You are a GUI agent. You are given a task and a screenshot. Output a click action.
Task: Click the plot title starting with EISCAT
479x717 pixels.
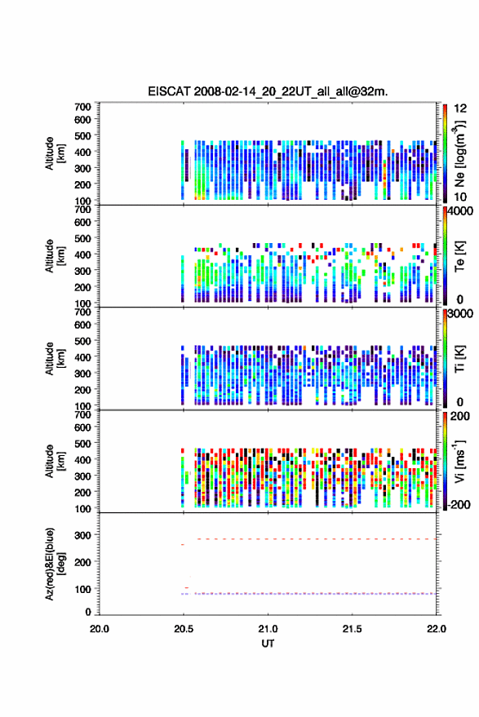(268, 91)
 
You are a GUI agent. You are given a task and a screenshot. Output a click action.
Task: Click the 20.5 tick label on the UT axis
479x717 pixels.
(184, 629)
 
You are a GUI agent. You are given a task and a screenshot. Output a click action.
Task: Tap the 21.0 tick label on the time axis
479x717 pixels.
(268, 629)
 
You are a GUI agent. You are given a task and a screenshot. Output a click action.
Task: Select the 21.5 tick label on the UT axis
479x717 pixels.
(352, 629)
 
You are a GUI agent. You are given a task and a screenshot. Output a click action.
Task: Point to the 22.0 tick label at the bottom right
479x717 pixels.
(436, 629)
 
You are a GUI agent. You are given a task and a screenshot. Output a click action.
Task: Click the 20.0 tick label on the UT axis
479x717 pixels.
(100, 629)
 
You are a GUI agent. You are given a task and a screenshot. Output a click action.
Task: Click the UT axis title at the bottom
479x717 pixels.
(268, 644)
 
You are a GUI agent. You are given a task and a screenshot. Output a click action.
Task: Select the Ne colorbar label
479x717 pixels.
(459, 153)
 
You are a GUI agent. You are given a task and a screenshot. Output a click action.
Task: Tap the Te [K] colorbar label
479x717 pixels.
(459, 256)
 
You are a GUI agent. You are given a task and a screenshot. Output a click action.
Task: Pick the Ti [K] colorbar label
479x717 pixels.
(459, 359)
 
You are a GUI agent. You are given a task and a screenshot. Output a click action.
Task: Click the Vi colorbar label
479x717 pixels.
(459, 462)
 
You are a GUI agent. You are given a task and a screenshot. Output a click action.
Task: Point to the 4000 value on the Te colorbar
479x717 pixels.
(461, 211)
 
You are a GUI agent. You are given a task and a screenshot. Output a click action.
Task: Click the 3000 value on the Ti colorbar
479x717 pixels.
(461, 314)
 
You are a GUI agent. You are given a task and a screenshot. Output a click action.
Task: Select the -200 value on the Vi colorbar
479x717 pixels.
(459, 505)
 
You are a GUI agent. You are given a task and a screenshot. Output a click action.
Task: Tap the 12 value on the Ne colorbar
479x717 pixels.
(461, 108)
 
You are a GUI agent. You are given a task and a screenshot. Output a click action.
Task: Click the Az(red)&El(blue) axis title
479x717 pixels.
(55, 564)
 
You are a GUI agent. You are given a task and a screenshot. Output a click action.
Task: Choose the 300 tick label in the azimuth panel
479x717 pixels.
(82, 535)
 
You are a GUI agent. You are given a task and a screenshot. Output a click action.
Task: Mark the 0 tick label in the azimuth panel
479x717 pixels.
(88, 612)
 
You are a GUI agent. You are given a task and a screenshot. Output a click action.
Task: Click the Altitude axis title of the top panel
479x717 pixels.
(55, 153)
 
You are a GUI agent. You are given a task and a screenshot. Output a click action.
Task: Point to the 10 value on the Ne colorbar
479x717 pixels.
(460, 197)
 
